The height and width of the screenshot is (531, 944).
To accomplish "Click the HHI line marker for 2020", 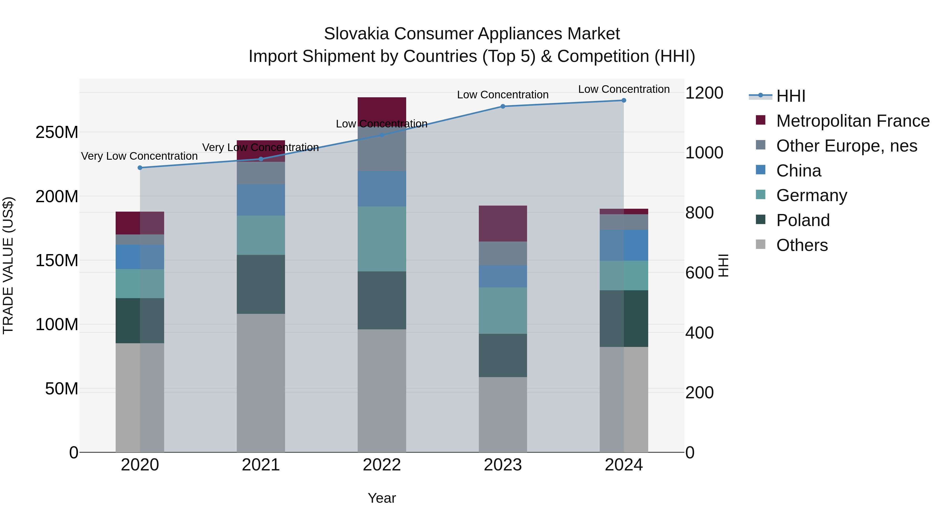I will (x=140, y=168).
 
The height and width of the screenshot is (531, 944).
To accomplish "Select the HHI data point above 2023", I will (x=503, y=106).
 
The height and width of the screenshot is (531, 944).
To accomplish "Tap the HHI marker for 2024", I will (x=624, y=100).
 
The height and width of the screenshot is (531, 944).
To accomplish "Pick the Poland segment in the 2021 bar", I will (x=261, y=284).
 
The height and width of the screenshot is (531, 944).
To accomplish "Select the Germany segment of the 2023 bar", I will (x=503, y=310).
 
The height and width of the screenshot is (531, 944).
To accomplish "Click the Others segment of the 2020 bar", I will (x=140, y=398).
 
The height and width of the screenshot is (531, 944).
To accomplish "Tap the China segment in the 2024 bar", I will (x=624, y=245).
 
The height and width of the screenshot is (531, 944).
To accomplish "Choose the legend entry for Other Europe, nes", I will (x=846, y=146).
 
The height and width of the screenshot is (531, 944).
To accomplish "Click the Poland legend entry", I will (x=803, y=220).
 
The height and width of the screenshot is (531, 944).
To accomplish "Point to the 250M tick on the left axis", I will (x=57, y=132).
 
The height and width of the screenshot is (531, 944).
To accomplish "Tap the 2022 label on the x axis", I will (x=382, y=465).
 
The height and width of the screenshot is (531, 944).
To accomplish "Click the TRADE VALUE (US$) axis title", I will (x=8, y=265).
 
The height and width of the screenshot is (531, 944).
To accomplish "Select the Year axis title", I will (x=382, y=498).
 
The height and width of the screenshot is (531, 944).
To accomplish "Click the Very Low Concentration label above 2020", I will (x=139, y=156).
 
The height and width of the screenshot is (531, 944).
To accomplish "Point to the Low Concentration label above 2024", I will (x=624, y=89).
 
